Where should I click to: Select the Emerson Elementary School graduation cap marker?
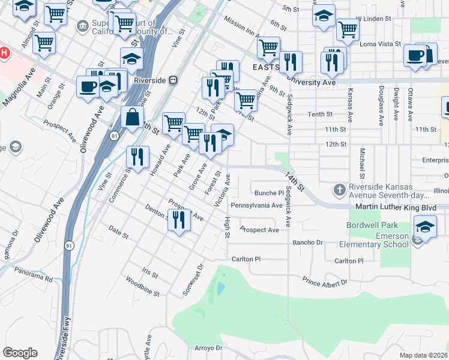pyautogui.click(x=424, y=229)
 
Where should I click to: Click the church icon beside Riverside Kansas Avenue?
pyautogui.click(x=339, y=190)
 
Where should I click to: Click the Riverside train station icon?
pyautogui.click(x=173, y=79)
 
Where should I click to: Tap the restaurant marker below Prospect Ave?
pyautogui.click(x=179, y=220)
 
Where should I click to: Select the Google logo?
pyautogui.click(x=20, y=353)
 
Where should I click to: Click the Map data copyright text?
pyautogui.click(x=424, y=355)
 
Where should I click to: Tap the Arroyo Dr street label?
pyautogui.click(x=209, y=347)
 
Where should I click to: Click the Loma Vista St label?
pyautogui.click(x=379, y=44)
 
